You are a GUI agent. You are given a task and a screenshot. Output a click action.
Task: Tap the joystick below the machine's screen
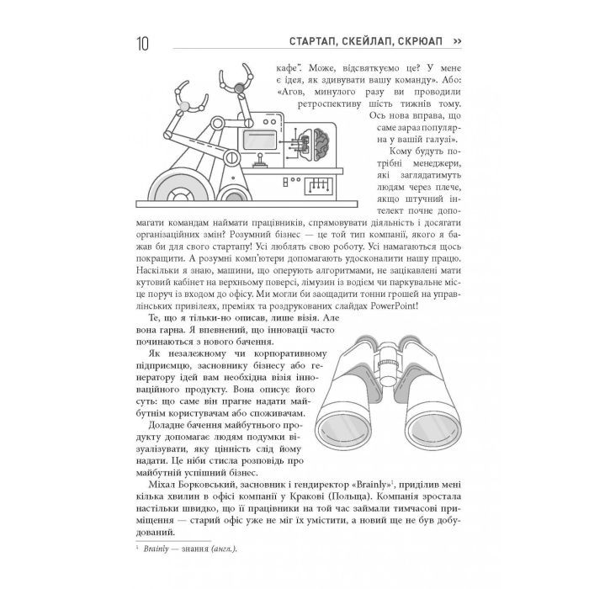point(262,160)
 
